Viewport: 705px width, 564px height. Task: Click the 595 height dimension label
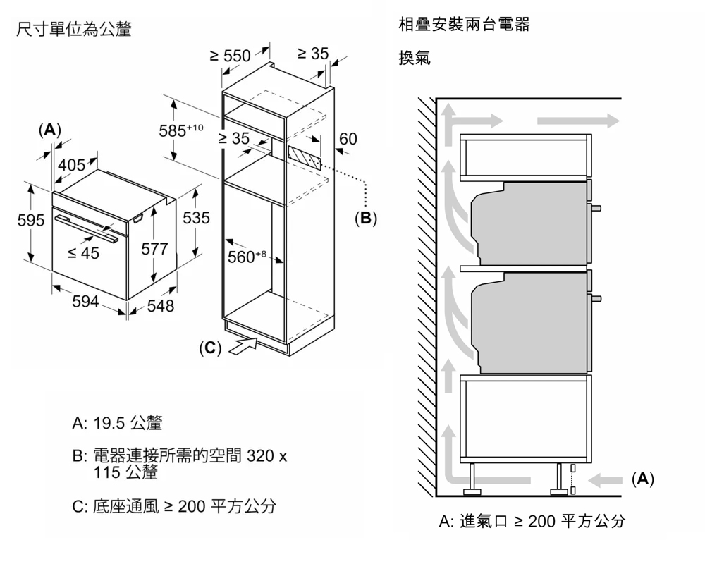tap(31, 220)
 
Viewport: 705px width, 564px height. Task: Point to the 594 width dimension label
tap(86, 302)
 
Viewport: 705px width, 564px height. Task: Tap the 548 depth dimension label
tap(160, 306)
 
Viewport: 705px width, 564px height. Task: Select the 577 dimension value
tap(154, 248)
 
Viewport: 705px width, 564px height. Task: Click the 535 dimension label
tap(196, 218)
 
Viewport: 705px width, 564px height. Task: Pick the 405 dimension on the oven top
tap(71, 165)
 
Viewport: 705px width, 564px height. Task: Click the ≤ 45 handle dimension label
tap(83, 253)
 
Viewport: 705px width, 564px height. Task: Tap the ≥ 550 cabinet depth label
tap(231, 56)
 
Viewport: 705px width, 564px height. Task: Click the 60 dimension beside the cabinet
tap(348, 139)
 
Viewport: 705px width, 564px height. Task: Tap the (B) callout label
tap(365, 218)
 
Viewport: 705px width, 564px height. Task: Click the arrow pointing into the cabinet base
tap(241, 346)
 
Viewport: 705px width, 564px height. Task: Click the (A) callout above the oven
tap(49, 130)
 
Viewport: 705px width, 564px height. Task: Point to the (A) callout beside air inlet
tap(642, 479)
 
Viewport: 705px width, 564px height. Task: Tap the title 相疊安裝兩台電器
tap(464, 25)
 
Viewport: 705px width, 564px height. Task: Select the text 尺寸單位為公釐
tap(73, 30)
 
